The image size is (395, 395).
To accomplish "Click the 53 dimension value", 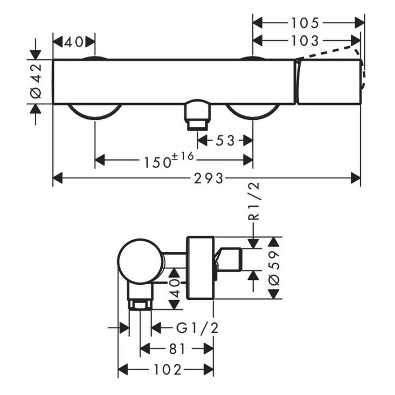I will coord(225,140).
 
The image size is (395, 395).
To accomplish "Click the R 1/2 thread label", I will coord(253,201).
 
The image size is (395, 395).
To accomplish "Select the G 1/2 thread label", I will coord(197,328).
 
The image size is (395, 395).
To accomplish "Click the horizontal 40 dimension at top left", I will coord(74,42).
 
